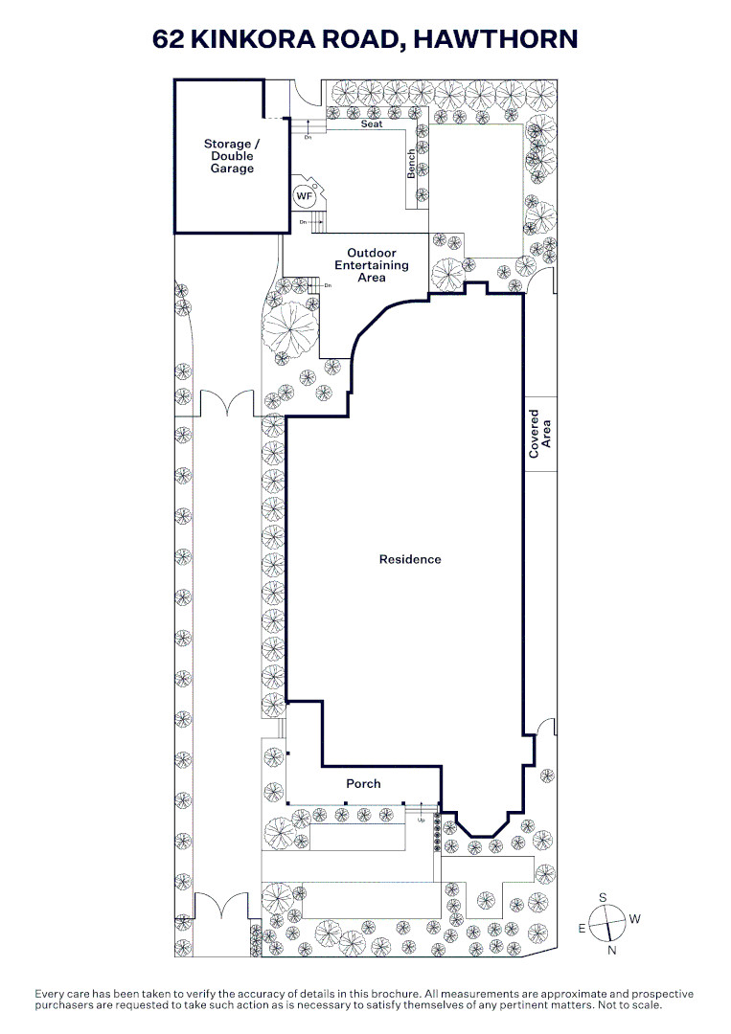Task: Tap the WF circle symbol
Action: [x=303, y=196]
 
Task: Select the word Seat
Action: [x=372, y=124]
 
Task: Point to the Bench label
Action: [x=411, y=164]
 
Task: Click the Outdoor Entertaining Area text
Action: [x=372, y=265]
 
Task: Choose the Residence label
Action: [x=410, y=559]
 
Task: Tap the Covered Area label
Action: [x=539, y=434]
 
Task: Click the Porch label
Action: [x=363, y=783]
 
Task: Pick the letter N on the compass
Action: [x=611, y=951]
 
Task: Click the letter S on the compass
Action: [x=603, y=897]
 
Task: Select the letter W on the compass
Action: [x=634, y=918]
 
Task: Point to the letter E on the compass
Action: [x=582, y=929]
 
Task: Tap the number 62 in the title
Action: [x=169, y=39]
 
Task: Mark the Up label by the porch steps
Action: [x=421, y=820]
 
